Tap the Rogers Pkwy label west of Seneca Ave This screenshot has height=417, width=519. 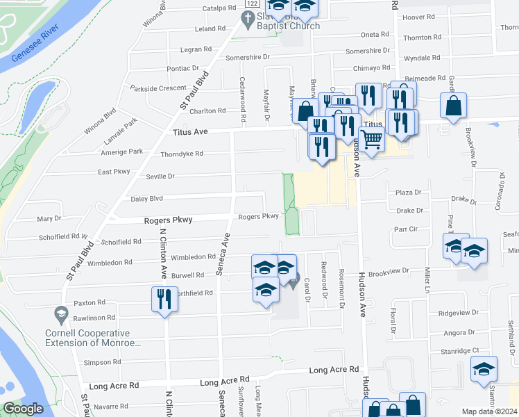click(167, 220)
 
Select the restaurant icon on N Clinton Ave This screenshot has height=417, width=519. click(164, 299)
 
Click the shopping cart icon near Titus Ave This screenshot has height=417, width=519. click(372, 139)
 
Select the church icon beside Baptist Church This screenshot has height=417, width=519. click(248, 17)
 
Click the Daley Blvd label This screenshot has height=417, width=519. click(146, 199)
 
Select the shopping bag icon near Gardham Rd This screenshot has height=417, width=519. click(453, 106)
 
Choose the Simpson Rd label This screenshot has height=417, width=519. click(103, 362)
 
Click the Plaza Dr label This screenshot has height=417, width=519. click(409, 193)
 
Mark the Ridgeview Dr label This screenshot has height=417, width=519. click(459, 313)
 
